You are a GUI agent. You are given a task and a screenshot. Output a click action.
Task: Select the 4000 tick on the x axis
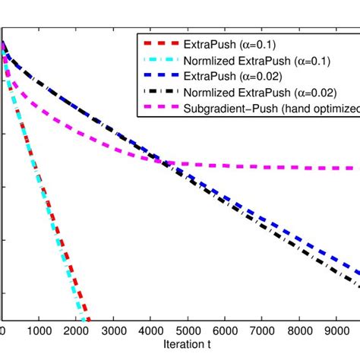pyautogui.click(x=151, y=331)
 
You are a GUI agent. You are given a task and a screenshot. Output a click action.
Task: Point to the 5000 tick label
pyautogui.click(x=188, y=331)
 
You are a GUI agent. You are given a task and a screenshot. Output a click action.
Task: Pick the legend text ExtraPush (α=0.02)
pyautogui.click(x=229, y=76)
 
